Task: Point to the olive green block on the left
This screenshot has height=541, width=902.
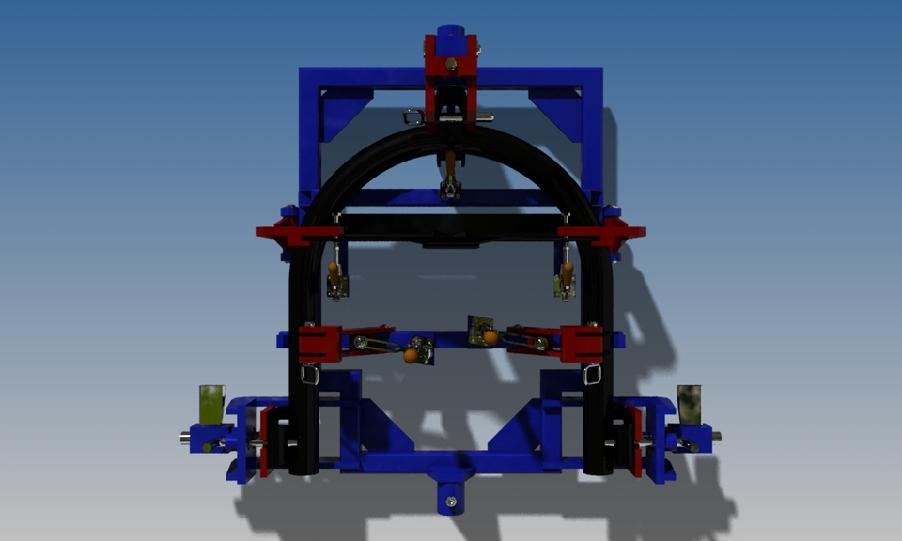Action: (x=211, y=402)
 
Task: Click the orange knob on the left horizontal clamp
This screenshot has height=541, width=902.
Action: (x=412, y=355)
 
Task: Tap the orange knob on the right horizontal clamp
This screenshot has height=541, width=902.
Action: (x=490, y=336)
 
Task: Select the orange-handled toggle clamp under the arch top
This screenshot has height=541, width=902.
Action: (x=451, y=169)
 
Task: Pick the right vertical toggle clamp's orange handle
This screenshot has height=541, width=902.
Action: (x=567, y=272)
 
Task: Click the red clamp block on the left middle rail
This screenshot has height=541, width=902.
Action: (x=319, y=344)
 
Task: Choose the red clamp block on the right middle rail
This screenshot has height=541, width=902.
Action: (x=581, y=344)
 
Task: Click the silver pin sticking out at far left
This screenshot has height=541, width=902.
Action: (x=185, y=437)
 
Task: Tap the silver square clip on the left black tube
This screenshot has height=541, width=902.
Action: (x=309, y=376)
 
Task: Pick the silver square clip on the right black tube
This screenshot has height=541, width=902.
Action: (x=592, y=376)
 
